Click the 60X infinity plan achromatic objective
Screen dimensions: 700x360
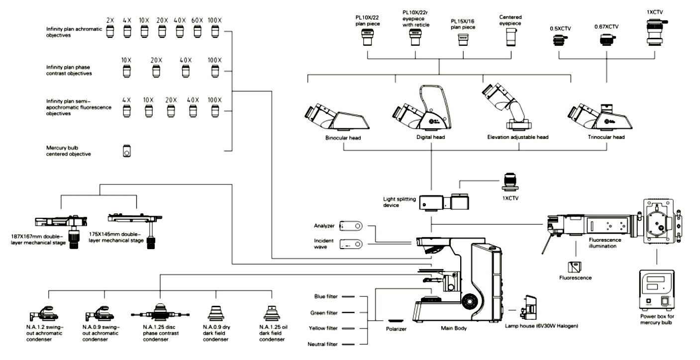[197, 31]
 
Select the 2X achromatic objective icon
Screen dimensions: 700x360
[110, 31]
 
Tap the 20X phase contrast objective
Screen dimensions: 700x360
[156, 71]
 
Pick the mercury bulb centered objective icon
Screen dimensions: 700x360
[126, 151]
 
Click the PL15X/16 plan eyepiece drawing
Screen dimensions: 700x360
[463, 40]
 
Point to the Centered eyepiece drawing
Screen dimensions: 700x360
[511, 37]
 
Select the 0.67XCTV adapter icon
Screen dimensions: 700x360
[607, 40]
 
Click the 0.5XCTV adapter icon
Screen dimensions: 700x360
[560, 40]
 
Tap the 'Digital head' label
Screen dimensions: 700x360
[430, 137]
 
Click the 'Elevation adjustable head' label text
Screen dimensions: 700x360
[518, 137]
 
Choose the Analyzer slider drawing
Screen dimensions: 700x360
[351, 226]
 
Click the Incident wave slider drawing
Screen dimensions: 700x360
[351, 244]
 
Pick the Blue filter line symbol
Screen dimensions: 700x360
[348, 296]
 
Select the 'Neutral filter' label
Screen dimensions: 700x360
[322, 344]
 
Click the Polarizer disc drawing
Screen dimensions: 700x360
[396, 321]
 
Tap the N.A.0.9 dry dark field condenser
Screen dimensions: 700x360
[216, 313]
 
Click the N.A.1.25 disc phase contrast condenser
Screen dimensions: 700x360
[160, 312]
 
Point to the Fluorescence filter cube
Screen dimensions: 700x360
[574, 268]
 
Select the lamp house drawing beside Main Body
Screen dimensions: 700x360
[528, 308]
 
